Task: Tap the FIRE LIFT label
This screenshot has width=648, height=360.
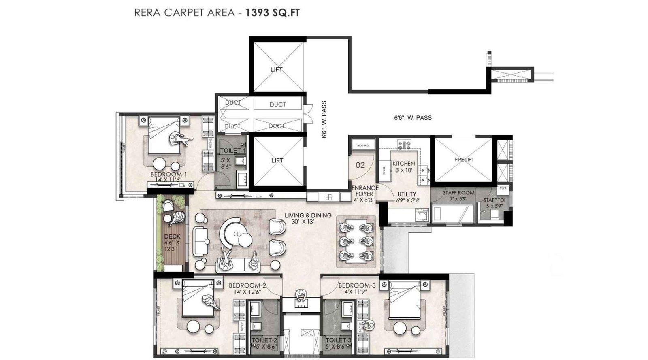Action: pos(464,160)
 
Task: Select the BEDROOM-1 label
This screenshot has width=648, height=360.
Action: pos(165,174)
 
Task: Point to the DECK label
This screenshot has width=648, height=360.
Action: pos(172,236)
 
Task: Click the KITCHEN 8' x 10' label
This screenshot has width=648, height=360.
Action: pos(403,167)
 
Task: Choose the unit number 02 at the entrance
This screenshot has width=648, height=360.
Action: pos(360,165)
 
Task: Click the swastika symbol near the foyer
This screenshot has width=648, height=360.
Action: pos(328,197)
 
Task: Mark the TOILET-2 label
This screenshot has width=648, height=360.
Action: pos(264,341)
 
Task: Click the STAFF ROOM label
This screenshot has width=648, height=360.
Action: pos(458,193)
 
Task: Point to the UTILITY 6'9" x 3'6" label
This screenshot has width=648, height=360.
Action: pos(407,197)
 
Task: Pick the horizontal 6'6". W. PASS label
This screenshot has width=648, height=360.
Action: pos(413,118)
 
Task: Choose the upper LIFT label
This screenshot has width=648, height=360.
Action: pos(276,69)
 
